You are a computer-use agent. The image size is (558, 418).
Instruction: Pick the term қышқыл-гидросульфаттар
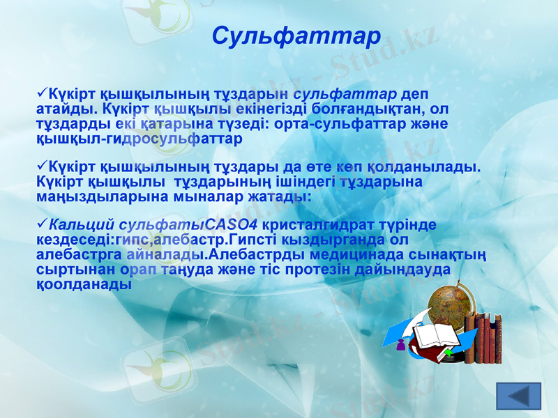pos(139,139)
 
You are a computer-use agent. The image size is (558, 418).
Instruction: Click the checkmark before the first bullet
pos(40,94)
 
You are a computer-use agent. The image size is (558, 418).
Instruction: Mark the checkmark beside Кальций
pos(40,225)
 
